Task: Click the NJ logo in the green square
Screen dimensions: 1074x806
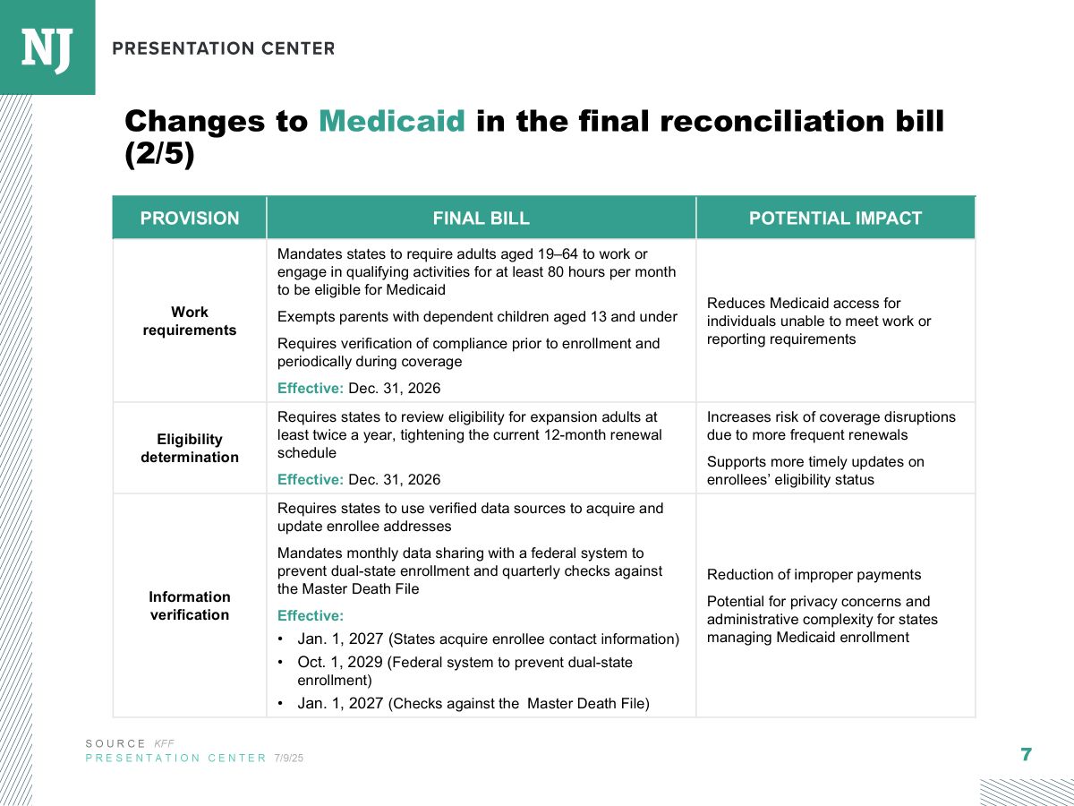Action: click(47, 50)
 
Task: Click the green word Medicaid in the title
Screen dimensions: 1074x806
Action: click(391, 121)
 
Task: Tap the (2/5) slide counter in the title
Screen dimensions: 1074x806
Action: click(159, 154)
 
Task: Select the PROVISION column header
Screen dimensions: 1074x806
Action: click(190, 219)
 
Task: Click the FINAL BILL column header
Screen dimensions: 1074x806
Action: click(481, 219)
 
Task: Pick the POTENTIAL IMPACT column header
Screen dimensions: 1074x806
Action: click(835, 219)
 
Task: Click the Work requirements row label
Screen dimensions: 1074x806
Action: click(190, 321)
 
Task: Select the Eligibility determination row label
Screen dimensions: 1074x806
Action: click(190, 448)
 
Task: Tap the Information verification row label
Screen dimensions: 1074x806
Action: click(190, 606)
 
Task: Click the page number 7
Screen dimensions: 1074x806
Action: click(1026, 754)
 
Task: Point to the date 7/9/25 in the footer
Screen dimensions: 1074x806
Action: click(289, 758)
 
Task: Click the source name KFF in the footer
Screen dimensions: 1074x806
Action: click(164, 744)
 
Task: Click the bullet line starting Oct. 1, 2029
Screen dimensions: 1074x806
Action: click(465, 671)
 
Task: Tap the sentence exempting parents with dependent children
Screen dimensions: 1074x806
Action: click(477, 317)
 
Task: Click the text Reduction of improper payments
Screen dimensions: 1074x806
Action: click(814, 575)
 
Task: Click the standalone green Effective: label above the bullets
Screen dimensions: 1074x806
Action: click(311, 615)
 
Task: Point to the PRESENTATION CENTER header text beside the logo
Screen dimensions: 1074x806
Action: click(224, 48)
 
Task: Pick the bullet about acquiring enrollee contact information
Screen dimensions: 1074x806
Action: click(478, 639)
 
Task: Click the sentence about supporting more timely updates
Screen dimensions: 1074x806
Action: click(815, 470)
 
